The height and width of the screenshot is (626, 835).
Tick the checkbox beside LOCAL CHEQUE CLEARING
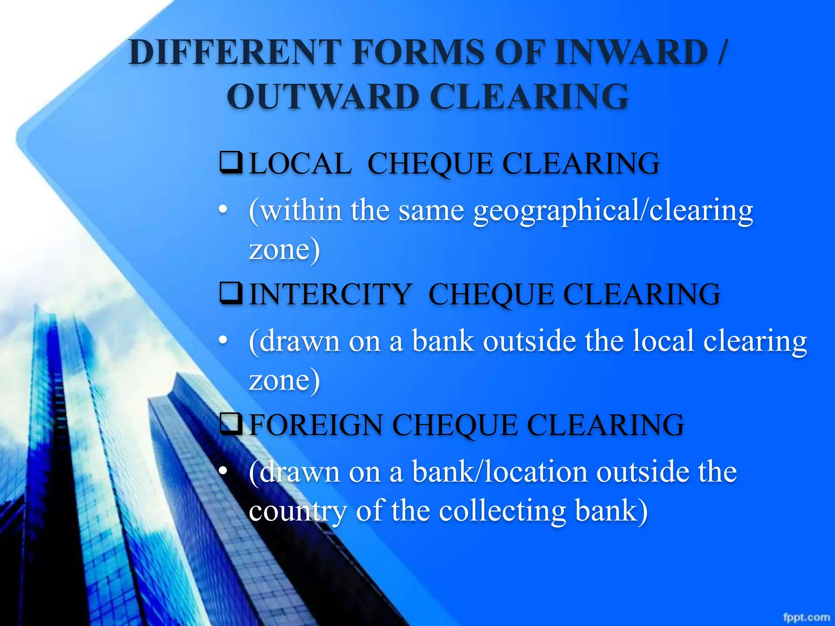tap(231, 163)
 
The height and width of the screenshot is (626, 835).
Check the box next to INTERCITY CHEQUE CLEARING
tap(231, 293)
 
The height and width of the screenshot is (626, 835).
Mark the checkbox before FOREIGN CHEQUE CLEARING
tap(231, 424)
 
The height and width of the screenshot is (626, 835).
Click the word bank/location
tap(500, 472)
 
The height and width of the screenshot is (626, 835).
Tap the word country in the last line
tap(297, 511)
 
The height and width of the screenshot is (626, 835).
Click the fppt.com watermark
tap(806, 617)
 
